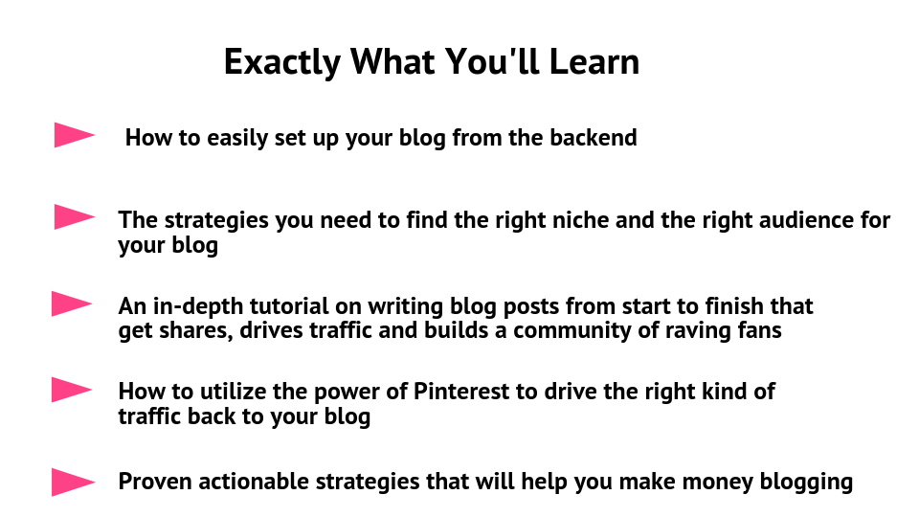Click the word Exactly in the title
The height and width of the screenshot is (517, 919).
tap(281, 62)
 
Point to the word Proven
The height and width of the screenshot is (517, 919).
tap(155, 482)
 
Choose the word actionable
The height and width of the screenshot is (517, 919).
tap(253, 482)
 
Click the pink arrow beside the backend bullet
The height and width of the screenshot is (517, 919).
tap(74, 135)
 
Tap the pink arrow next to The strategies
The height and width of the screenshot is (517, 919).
tap(74, 217)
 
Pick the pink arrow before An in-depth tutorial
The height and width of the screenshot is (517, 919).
tap(71, 303)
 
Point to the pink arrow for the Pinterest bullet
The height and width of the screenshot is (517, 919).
tap(71, 390)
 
